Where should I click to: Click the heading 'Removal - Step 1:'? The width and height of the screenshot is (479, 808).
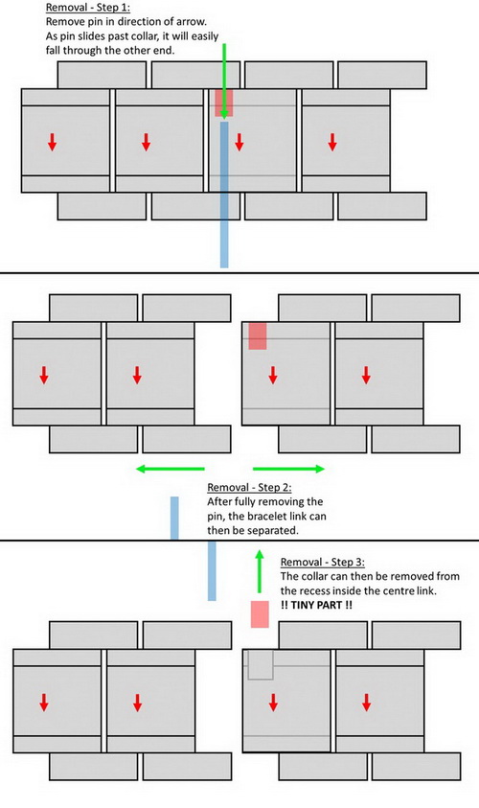click(87, 8)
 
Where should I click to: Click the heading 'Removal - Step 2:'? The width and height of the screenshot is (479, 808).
click(249, 488)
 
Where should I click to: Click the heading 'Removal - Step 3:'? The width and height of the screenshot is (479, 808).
click(323, 563)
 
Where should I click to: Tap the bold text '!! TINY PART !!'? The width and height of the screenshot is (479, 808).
click(317, 605)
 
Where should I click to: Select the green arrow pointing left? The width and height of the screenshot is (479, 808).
click(171, 469)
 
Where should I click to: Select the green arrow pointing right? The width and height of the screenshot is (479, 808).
click(289, 469)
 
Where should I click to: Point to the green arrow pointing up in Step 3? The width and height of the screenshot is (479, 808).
click(260, 571)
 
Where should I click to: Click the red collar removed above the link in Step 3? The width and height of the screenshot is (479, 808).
click(260, 613)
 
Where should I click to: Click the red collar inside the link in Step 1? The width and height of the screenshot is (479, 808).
click(224, 104)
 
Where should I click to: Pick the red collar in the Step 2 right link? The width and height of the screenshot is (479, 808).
click(258, 336)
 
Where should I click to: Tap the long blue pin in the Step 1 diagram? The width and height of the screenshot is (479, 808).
click(224, 195)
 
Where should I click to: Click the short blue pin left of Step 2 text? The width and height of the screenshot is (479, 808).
click(174, 518)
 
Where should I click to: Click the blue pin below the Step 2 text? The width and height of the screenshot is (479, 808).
click(212, 571)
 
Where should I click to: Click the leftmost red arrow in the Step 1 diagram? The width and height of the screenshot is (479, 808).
click(52, 142)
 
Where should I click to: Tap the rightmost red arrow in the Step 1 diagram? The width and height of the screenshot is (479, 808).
click(332, 142)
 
